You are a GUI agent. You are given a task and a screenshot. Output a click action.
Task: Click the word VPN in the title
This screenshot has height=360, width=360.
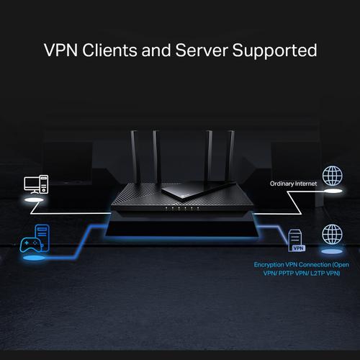coord(62,51)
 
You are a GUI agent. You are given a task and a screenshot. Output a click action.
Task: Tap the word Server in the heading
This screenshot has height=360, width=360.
coord(207,51)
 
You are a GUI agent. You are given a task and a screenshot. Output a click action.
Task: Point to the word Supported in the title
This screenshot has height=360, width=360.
coord(276,51)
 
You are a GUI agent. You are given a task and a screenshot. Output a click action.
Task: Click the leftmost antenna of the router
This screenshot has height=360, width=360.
coord(135,156)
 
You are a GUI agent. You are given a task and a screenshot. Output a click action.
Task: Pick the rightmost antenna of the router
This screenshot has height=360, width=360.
coord(230,154)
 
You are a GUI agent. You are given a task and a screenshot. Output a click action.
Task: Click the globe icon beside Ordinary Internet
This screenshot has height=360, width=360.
coord(332,176)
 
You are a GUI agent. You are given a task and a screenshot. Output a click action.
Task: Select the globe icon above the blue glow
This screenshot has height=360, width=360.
coord(332,234)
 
